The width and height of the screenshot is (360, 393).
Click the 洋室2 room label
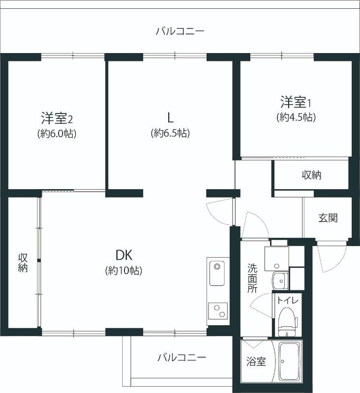(x=57, y=118)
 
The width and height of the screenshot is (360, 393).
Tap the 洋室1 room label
(x=297, y=103)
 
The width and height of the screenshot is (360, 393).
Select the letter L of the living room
(x=170, y=117)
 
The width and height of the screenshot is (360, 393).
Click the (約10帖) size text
(x=124, y=270)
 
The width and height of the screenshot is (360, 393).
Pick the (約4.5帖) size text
(x=296, y=117)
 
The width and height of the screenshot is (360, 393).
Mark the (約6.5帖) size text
(x=170, y=133)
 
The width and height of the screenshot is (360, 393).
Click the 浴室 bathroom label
(x=256, y=362)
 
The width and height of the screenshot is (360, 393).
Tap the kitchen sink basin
(x=217, y=274)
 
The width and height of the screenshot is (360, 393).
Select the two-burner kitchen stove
(x=217, y=311)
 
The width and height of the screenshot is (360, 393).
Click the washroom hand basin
(x=280, y=281)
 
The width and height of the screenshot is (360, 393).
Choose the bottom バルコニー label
(x=181, y=357)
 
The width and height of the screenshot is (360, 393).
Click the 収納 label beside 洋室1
(x=312, y=174)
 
